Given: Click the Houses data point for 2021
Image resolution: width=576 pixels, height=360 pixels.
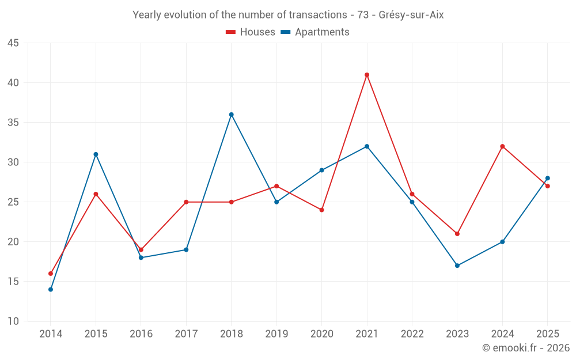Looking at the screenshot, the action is pos(366,75).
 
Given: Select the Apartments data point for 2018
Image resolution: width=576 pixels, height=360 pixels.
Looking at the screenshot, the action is pos(231,115).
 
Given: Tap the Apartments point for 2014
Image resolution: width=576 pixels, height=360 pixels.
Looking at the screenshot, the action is pos(51,290).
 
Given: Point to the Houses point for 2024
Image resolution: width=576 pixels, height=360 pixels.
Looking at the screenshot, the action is pos(502,146).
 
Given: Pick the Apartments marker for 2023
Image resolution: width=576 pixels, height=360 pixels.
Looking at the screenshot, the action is pos(457,266).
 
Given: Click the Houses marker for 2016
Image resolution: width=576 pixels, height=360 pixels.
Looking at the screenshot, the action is pos(141,250).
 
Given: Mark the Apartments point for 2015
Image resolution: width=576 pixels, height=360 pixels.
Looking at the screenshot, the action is pos(96,154).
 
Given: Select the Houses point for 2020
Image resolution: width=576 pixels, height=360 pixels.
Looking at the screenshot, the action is pos(321,210).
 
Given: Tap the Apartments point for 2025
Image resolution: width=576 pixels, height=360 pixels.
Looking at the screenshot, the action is pos(547,178).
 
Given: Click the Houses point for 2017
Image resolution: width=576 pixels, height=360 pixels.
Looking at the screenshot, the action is pos(186,202).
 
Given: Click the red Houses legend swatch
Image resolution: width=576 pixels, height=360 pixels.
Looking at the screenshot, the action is pos(230,32).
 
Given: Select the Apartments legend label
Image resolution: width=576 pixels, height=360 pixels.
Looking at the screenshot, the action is pos(322,32).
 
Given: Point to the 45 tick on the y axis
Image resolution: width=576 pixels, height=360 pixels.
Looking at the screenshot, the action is pos(13,43).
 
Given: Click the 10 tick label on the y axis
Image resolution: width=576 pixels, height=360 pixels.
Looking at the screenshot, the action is pos(13,321).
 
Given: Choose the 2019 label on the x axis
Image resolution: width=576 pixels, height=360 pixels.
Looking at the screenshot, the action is pos(276,334).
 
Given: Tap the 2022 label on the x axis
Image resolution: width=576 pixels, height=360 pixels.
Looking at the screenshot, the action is pos(412,334).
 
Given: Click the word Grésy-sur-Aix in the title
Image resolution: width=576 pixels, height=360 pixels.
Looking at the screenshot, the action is pos(411,15).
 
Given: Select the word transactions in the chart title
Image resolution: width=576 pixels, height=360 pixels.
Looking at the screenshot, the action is pos(318,15).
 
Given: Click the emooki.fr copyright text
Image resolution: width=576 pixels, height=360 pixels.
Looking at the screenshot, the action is pos(526,347).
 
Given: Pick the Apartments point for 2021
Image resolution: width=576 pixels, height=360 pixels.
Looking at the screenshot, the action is pos(366,146).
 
